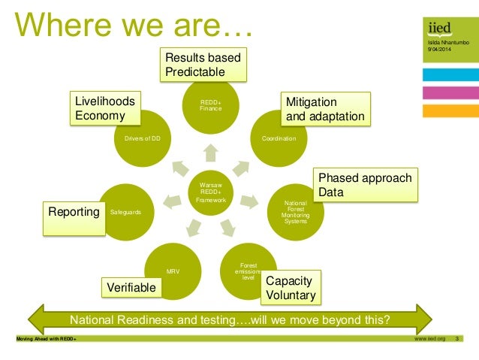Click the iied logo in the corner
click(x=439, y=29)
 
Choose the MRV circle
click(x=173, y=271)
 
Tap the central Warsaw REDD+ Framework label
click(x=211, y=192)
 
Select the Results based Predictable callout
click(x=203, y=65)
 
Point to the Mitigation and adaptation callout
click(x=324, y=109)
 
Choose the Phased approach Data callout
click(x=365, y=186)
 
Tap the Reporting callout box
click(x=74, y=213)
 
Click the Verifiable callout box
click(x=131, y=287)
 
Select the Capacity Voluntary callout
click(x=290, y=288)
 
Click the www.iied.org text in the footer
click(x=429, y=339)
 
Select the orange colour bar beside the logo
click(x=450, y=110)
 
